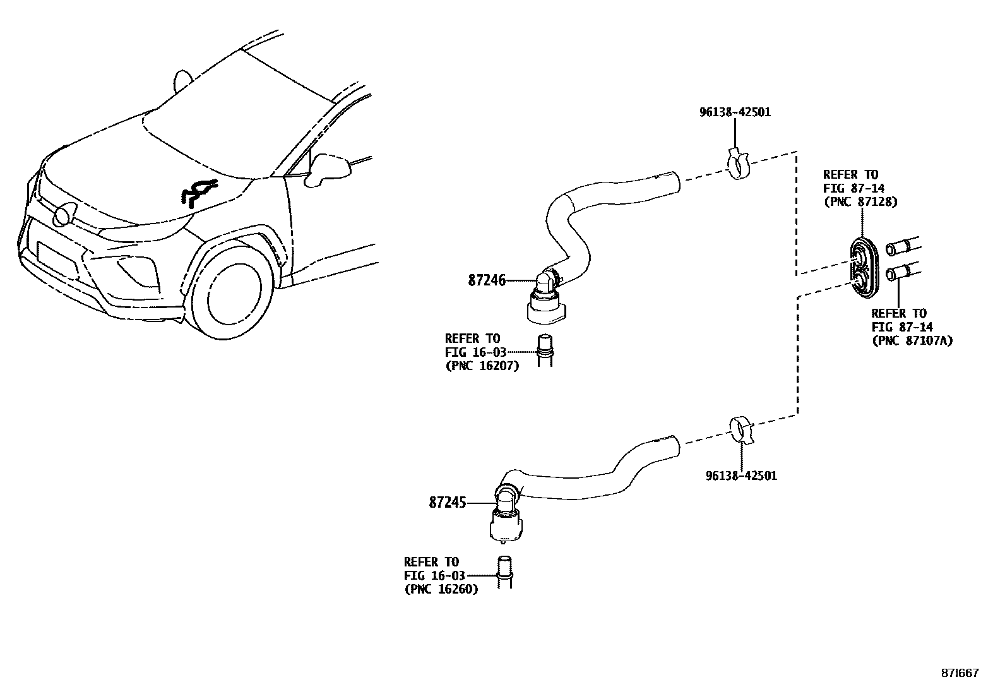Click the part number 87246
tap(487, 280)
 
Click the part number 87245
tap(447, 503)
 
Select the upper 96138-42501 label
tap(735, 112)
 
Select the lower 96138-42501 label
tap(741, 476)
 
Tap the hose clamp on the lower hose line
tap(740, 431)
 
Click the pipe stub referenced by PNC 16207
tap(544, 350)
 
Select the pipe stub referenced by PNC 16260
tap(504, 572)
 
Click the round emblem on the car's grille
tap(62, 216)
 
